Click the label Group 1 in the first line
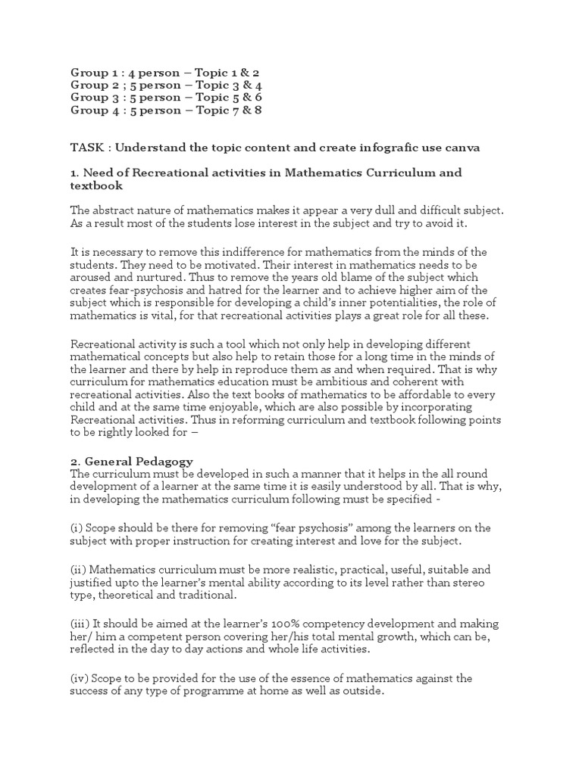coord(94,72)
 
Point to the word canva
coord(463,148)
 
